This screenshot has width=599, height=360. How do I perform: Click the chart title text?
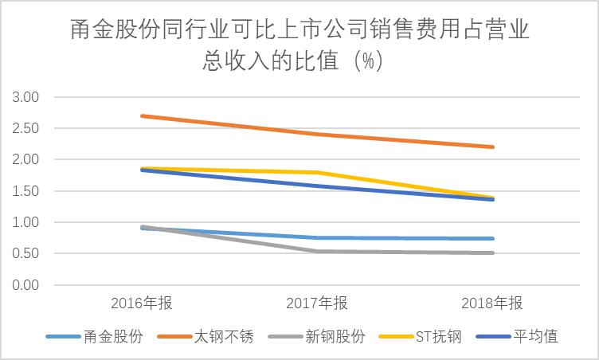tap(299, 46)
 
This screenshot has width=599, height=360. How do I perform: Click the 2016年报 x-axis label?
tap(141, 303)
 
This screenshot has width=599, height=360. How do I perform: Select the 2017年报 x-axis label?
tap(317, 303)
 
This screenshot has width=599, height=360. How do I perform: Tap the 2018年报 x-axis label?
tap(493, 303)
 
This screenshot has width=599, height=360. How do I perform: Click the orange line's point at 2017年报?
tap(317, 134)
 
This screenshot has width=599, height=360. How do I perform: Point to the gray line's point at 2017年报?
tap(317, 252)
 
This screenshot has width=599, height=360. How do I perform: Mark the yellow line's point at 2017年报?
tap(317, 172)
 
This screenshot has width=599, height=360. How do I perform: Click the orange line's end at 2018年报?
tap(493, 147)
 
